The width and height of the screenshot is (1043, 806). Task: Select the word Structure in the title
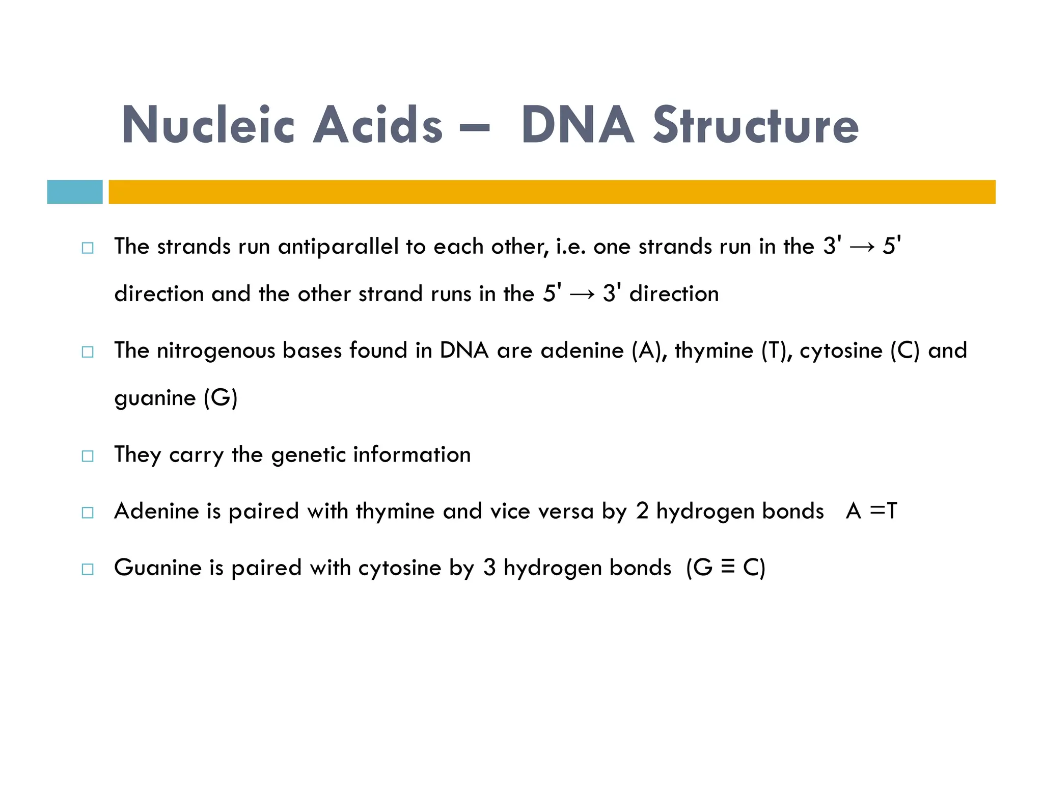tap(756, 125)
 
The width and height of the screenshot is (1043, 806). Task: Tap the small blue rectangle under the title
tap(75, 192)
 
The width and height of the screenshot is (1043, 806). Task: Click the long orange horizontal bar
tap(552, 192)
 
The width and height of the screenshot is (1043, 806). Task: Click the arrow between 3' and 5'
tap(862, 247)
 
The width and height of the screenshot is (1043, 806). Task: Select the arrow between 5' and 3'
tap(582, 294)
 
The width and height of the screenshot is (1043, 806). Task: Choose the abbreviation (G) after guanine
tap(221, 398)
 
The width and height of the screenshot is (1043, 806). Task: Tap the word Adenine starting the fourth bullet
tap(156, 511)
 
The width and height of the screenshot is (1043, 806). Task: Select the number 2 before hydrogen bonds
tap(642, 511)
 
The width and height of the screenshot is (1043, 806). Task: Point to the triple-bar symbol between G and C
tap(728, 567)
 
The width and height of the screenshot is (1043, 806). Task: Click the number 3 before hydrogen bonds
tap(489, 568)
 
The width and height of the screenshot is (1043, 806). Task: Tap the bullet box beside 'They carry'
tap(88, 456)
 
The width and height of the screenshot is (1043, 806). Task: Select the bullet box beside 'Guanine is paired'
tap(88, 569)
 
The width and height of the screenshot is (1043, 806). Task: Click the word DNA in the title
tap(578, 125)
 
